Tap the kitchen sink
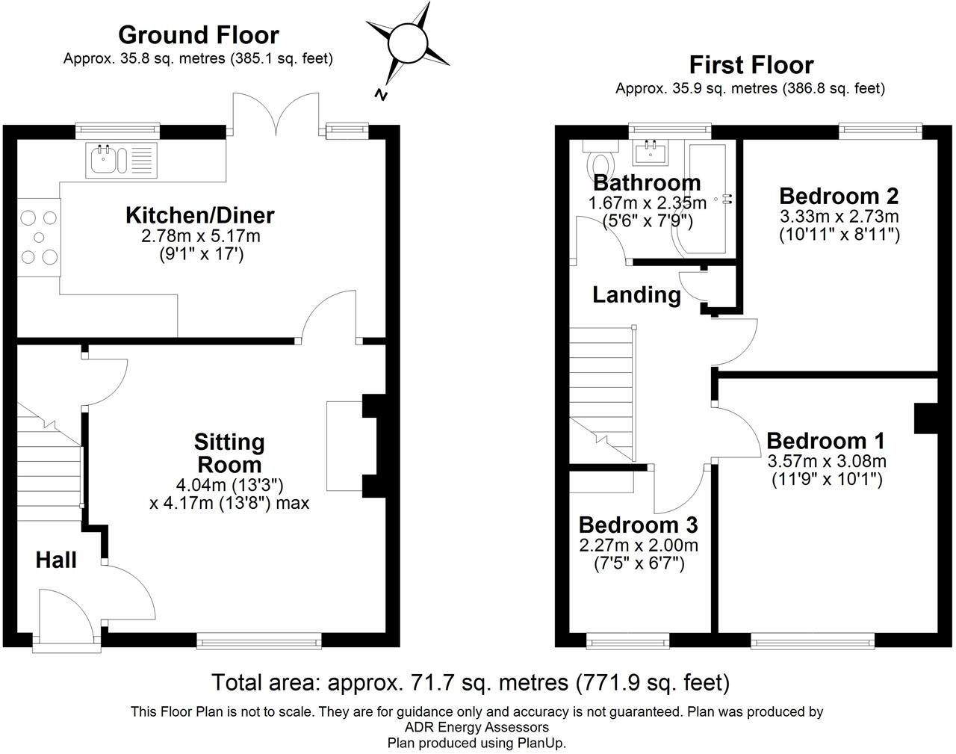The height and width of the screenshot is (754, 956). [105, 158]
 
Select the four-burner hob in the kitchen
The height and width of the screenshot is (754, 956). [39, 238]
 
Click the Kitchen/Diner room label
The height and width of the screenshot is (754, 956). [199, 215]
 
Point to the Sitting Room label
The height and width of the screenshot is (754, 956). [229, 452]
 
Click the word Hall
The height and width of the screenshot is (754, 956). [56, 560]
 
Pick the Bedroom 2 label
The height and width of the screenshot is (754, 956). [839, 196]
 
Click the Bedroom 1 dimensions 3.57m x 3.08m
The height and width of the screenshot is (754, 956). [827, 460]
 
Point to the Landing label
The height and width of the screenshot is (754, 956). [636, 295]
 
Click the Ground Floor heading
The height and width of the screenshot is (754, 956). [198, 35]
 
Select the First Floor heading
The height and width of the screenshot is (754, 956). [751, 65]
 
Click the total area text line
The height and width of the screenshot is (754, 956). [471, 682]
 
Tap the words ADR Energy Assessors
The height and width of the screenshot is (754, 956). [477, 727]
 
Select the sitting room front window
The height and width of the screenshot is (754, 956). [259, 640]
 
